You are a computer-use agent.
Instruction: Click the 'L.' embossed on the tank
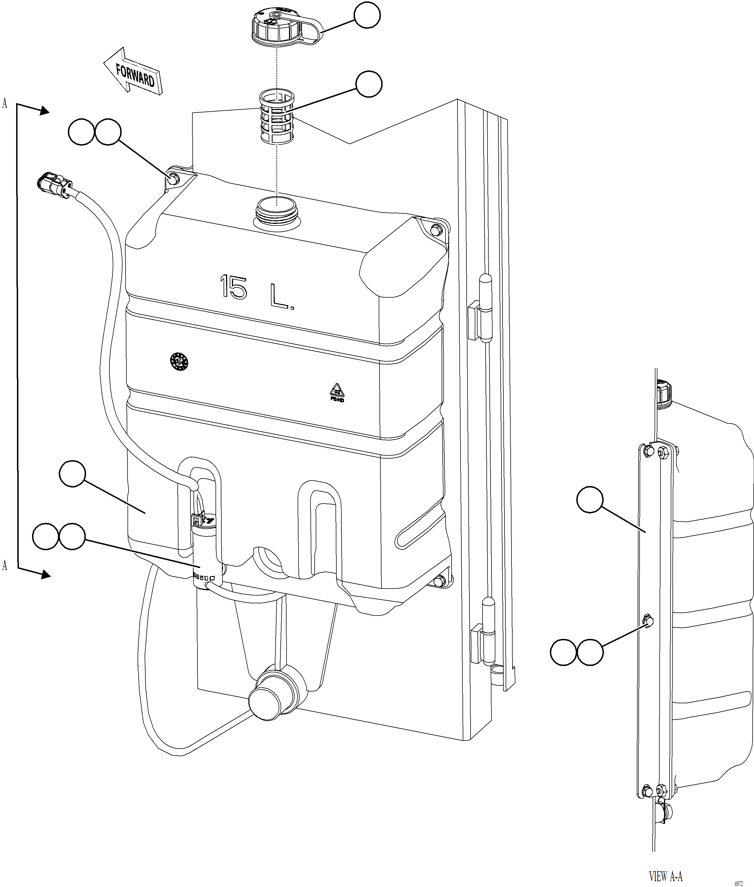point(281,297)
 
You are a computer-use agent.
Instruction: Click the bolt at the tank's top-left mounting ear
point(174,179)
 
